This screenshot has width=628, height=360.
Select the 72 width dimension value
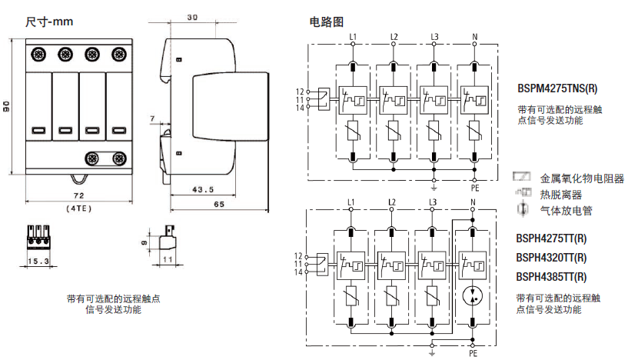click(x=78, y=198)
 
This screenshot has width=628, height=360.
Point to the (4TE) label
click(x=78, y=208)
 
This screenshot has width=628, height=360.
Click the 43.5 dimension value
click(x=203, y=189)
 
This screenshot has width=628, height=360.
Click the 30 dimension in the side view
click(x=192, y=17)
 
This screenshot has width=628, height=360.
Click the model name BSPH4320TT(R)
click(x=551, y=258)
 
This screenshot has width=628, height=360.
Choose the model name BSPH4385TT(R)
click(x=551, y=276)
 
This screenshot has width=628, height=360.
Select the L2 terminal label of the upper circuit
click(x=394, y=37)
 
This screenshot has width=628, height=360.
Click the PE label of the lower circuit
click(x=474, y=355)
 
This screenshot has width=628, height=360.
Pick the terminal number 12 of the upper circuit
click(x=300, y=92)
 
